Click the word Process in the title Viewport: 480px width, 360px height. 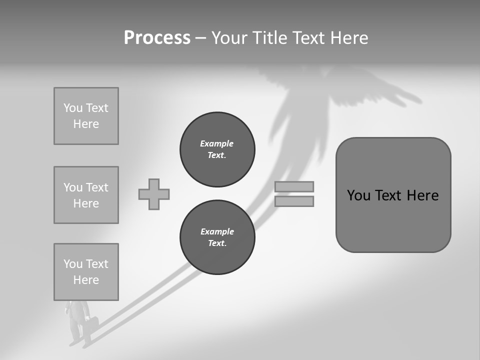(157, 38)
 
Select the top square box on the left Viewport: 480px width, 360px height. (86, 116)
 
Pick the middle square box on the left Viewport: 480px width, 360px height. (86, 195)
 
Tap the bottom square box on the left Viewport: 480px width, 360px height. (86, 272)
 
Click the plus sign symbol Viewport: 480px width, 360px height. (154, 194)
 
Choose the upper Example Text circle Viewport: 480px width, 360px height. (217, 149)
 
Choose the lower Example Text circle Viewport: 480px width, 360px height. (217, 237)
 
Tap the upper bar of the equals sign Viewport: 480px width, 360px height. (294, 186)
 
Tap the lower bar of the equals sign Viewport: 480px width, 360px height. (294, 201)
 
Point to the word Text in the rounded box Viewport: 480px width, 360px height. (390, 195)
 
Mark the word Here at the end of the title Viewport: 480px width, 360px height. (347, 38)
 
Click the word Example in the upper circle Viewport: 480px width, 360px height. (217, 143)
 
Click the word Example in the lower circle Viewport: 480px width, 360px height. (217, 231)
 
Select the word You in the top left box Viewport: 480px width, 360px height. (73, 108)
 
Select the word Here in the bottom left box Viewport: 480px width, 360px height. (86, 280)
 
